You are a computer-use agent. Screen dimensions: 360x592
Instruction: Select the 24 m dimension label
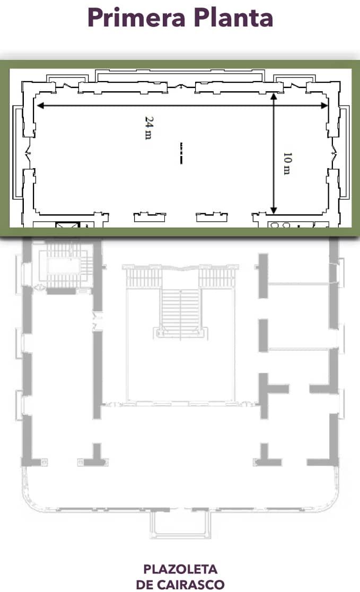[149, 128]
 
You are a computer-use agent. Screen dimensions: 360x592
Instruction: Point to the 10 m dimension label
[287, 163]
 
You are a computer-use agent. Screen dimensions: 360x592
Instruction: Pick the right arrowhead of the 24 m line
[324, 106]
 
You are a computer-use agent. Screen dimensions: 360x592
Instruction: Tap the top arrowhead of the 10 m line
[274, 97]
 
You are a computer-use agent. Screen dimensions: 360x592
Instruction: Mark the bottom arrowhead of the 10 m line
[274, 210]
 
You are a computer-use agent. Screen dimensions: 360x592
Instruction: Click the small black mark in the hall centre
[181, 153]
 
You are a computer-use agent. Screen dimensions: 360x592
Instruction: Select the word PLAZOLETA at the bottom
[180, 569]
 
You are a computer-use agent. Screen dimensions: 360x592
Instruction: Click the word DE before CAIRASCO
[145, 585]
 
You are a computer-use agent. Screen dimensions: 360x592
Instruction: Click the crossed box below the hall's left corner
[68, 225]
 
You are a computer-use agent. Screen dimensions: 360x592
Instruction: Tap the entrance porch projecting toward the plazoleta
[181, 524]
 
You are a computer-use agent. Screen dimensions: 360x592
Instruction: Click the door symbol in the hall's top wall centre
[181, 87]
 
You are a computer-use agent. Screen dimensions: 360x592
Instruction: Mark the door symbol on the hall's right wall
[333, 153]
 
